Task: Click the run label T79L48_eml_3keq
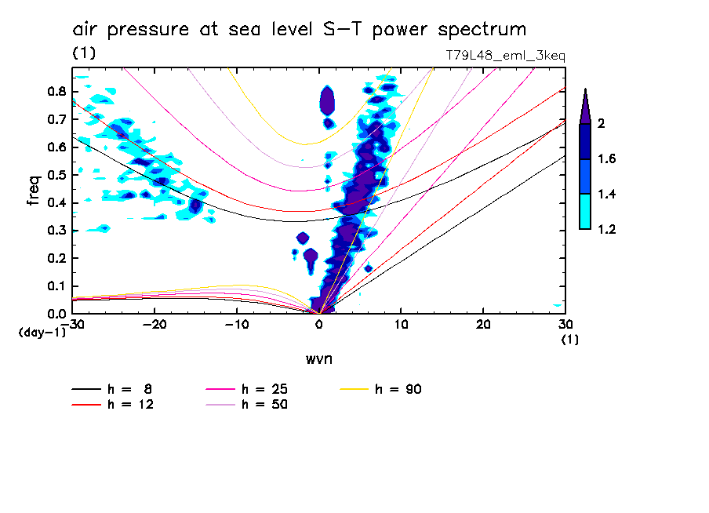click(504, 56)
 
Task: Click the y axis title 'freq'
click(34, 191)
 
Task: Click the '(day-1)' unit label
click(42, 333)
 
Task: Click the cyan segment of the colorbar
click(585, 212)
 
